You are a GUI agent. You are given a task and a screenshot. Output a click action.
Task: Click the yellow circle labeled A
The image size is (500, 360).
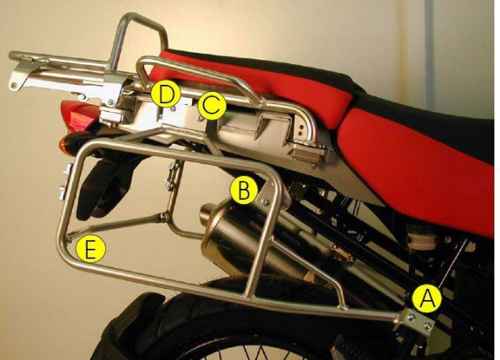[427, 298]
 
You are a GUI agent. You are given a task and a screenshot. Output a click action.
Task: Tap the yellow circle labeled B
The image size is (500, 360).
[243, 190]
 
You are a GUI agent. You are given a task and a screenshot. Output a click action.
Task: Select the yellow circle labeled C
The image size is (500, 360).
[211, 106]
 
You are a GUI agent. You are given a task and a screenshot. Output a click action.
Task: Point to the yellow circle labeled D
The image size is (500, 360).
[166, 94]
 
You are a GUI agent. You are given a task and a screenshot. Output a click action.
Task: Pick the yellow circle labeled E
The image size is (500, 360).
[90, 250]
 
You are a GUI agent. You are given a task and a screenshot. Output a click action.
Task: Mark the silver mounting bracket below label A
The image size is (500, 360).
[416, 322]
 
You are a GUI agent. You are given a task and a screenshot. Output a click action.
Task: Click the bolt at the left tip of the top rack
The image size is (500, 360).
[15, 83]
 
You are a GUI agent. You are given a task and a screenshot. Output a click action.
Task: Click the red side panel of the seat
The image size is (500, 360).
[432, 168]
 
